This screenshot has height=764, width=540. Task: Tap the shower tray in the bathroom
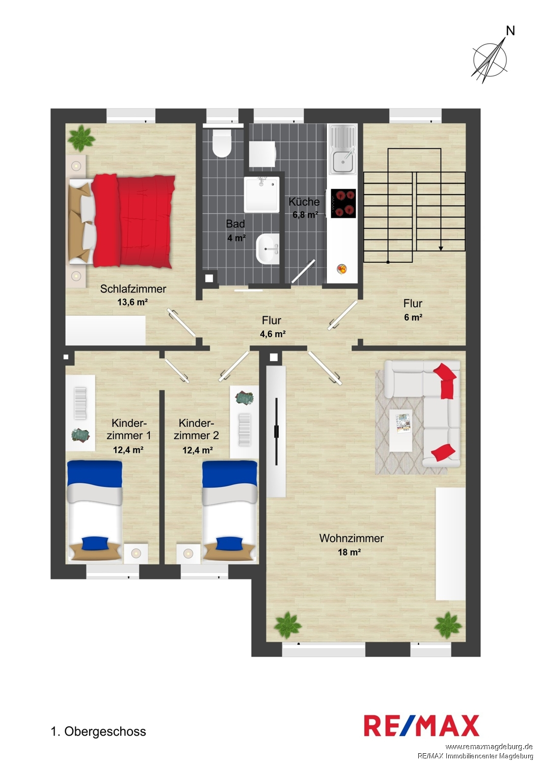pyautogui.click(x=262, y=195)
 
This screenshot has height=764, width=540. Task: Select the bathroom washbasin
pyautogui.click(x=267, y=251)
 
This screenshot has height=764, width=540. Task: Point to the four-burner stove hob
pyautogui.click(x=343, y=203)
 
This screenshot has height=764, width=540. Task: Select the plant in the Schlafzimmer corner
pyautogui.click(x=81, y=138)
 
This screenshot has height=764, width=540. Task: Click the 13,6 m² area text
pyautogui.click(x=132, y=302)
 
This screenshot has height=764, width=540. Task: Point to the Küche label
pyautogui.click(x=304, y=202)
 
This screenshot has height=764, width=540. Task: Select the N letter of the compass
pyautogui.click(x=510, y=31)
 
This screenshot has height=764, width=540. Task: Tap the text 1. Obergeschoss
pyautogui.click(x=98, y=731)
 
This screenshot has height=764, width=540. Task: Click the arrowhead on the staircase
pyautogui.click(x=441, y=249)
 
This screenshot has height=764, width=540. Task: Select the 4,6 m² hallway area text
pyautogui.click(x=273, y=334)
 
